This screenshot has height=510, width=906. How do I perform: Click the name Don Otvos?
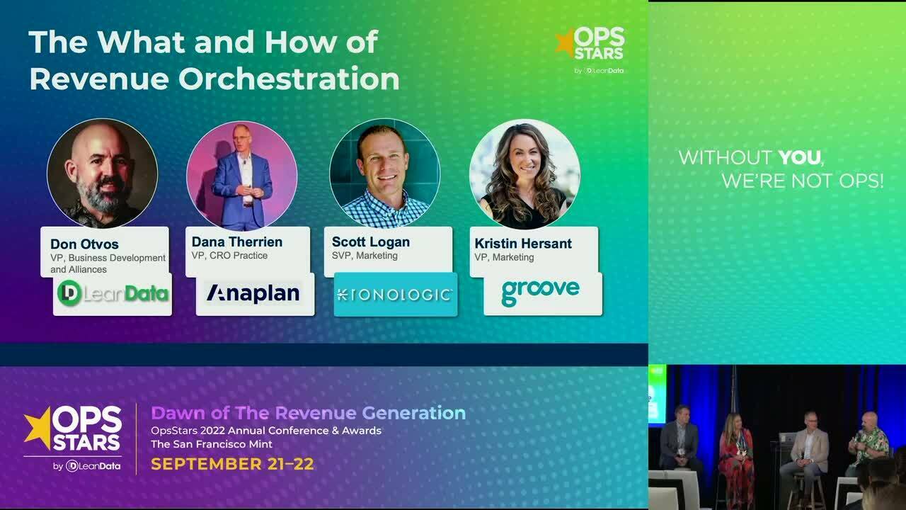tap(84, 244)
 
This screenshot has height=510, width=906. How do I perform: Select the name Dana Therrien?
tap(236, 242)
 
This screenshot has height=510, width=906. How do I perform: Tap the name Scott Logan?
tap(370, 242)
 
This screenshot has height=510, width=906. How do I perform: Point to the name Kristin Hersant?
tap(522, 243)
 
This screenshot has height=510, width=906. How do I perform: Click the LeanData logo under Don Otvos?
tap(113, 293)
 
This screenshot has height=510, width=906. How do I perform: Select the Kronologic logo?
tap(395, 294)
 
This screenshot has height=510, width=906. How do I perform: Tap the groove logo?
tap(541, 291)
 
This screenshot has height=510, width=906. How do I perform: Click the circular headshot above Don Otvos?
tap(102, 174)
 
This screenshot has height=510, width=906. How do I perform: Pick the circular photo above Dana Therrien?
tap(242, 175)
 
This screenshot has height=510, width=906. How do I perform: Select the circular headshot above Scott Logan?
tap(384, 174)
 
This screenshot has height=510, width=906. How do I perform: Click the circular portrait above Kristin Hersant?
tap(524, 174)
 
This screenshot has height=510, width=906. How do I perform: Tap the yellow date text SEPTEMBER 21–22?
tap(232, 465)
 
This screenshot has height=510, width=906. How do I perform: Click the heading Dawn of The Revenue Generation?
tap(308, 413)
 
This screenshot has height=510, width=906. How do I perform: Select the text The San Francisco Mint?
tap(211, 444)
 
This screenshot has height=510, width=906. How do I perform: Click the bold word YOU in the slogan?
tap(800, 157)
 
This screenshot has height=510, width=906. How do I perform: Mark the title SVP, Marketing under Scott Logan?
tap(365, 256)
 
